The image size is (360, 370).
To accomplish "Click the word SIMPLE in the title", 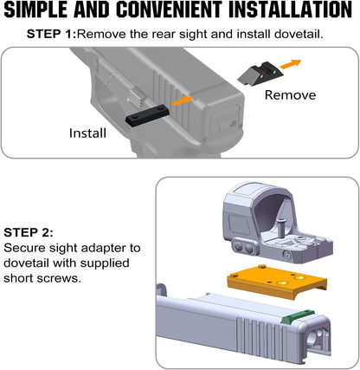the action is point(35,10).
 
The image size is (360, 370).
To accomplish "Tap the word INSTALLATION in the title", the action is point(290,10).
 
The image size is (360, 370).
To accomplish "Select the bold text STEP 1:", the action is point(51,34).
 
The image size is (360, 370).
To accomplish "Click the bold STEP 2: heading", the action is point(29,232).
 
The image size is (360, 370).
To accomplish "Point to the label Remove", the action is point(290,95).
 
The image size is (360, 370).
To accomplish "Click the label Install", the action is point(87,133).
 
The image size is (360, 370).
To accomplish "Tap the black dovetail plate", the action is point(147,114).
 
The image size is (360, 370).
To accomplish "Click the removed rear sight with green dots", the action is point(260,73).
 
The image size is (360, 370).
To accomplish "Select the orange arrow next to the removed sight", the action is point(291,64).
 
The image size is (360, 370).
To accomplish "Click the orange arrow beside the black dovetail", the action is point(182,101).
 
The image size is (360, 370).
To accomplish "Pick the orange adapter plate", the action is point(277,282).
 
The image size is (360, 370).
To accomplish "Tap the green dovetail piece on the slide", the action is point(298,316).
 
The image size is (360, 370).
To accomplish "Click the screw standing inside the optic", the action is point(280,228).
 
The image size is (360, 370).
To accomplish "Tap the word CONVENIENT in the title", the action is point(170,10).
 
